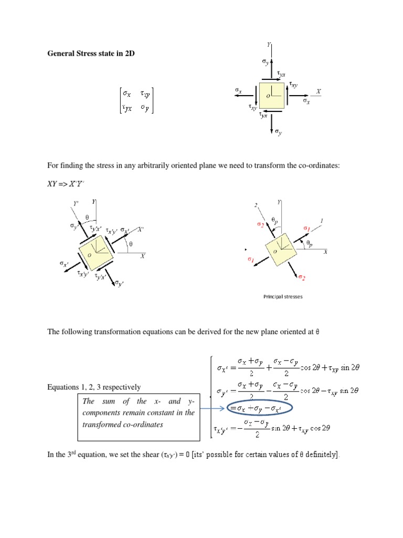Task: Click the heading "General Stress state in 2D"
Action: click(91, 54)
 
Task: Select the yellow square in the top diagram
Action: click(271, 96)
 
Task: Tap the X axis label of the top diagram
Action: click(318, 91)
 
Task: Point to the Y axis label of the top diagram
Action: click(269, 46)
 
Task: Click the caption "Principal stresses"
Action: click(283, 297)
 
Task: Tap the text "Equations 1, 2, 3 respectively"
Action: click(94, 387)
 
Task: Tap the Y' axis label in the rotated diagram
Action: click(76, 204)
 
